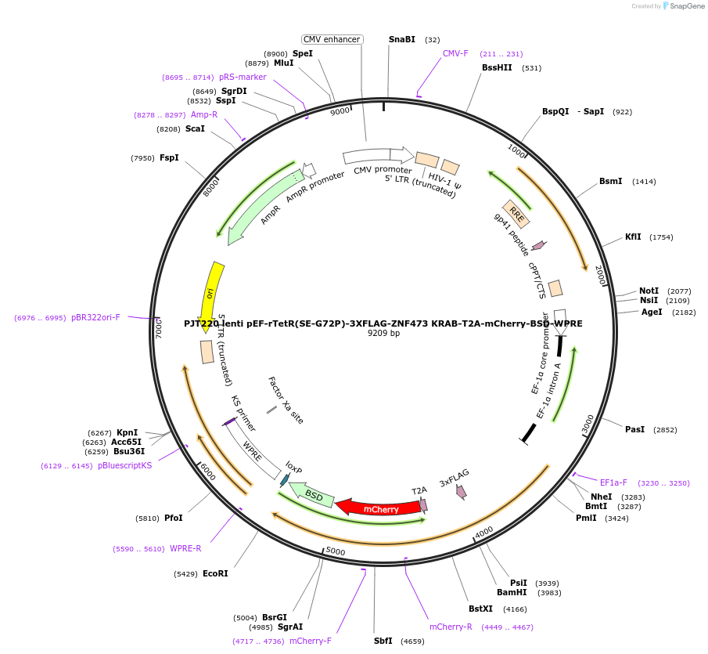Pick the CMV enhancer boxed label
(x=332, y=39)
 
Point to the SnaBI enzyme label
(x=402, y=39)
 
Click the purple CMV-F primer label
(x=455, y=53)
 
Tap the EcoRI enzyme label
(x=215, y=573)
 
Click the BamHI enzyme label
(x=512, y=592)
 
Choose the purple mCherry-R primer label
(x=451, y=627)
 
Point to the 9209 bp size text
(x=383, y=333)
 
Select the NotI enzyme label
(x=649, y=291)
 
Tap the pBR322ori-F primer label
(x=95, y=317)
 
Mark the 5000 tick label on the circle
(x=335, y=552)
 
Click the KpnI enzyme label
(x=127, y=432)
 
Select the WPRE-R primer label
(x=185, y=548)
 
